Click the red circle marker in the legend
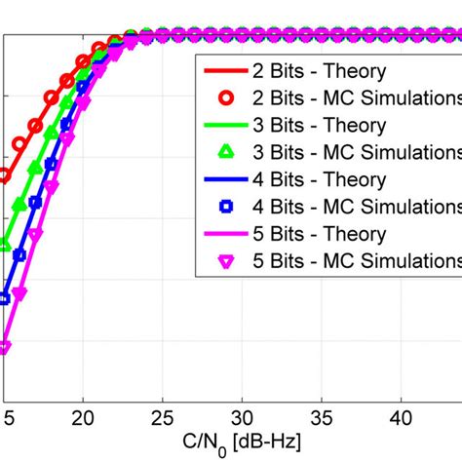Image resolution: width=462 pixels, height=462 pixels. [226, 98]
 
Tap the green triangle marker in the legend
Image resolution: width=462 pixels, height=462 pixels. [226, 153]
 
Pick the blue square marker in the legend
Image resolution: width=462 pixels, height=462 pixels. [226, 208]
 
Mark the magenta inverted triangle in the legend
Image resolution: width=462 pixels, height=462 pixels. [226, 262]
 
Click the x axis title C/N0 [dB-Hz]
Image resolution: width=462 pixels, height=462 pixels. [230, 442]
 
